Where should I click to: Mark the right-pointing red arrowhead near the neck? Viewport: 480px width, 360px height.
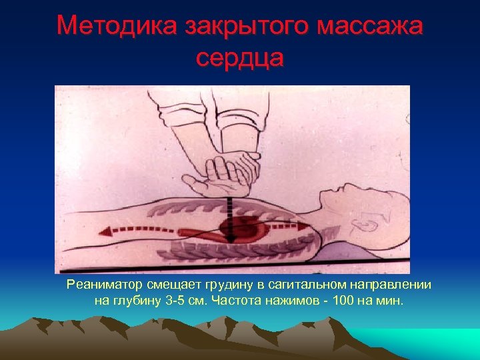click(x=308, y=227)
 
